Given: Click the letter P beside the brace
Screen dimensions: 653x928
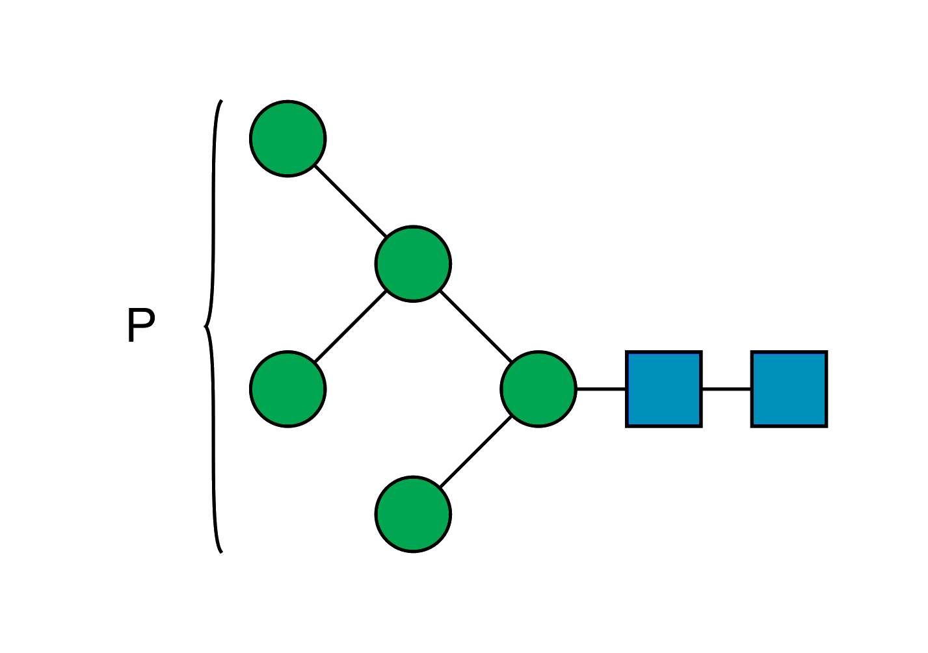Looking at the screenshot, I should (x=140, y=326).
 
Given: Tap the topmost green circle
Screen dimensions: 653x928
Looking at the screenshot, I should (x=287, y=138).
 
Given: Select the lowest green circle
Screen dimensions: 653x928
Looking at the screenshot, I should (x=413, y=514).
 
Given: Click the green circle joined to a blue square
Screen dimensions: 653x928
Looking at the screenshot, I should (x=538, y=389).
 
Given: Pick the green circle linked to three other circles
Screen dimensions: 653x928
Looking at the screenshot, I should (x=413, y=263).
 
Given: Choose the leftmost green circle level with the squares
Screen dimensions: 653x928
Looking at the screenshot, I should (x=287, y=389).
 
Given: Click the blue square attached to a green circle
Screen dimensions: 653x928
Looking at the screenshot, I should (x=664, y=389).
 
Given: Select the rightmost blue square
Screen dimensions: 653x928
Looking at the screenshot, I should (x=789, y=389).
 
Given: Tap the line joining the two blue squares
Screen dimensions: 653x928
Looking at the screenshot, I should (x=726, y=389).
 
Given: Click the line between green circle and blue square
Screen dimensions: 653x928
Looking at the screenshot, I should (x=602, y=389).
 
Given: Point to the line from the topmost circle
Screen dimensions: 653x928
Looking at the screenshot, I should (x=351, y=201).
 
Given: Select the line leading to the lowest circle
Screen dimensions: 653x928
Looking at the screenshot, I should (x=475, y=452).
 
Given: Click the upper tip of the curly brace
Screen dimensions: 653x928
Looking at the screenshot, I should (x=221, y=101).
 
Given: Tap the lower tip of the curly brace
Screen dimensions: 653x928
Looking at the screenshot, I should (x=221, y=552).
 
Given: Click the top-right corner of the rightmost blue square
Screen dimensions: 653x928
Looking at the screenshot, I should (x=825, y=353).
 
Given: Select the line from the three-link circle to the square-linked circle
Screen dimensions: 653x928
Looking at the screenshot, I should (x=475, y=326).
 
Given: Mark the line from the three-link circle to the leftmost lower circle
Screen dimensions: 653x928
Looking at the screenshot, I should (x=351, y=326).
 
